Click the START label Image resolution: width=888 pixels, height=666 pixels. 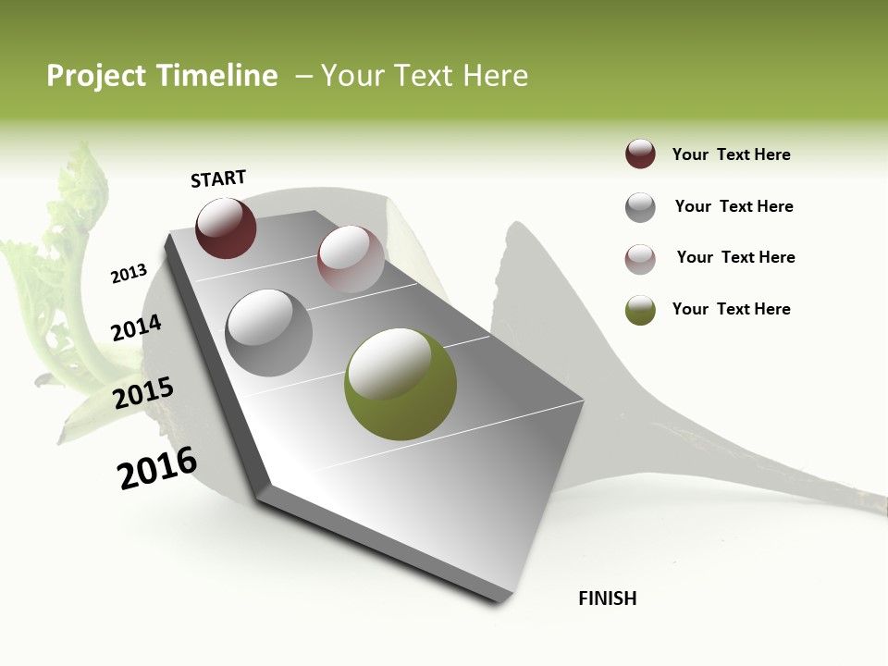[x=218, y=179]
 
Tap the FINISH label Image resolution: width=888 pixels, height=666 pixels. [x=607, y=598]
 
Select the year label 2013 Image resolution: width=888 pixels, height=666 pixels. [x=129, y=274]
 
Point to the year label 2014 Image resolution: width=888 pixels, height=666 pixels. [x=136, y=328]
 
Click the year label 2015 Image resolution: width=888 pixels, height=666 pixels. [x=142, y=393]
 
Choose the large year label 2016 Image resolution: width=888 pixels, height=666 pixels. [x=157, y=468]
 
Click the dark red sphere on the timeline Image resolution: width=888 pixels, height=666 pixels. [x=226, y=228]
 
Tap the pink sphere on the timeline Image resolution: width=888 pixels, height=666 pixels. [x=351, y=259]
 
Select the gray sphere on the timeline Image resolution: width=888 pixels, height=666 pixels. [x=268, y=332]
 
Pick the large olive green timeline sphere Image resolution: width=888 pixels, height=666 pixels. [x=400, y=384]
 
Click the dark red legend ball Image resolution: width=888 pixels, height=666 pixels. [x=640, y=154]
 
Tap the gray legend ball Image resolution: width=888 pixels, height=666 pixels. [x=640, y=207]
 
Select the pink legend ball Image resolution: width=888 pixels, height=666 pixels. [x=640, y=259]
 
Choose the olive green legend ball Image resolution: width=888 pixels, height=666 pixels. [x=640, y=310]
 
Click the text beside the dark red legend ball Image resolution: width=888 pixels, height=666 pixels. [x=731, y=154]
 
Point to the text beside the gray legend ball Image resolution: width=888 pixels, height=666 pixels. [x=734, y=206]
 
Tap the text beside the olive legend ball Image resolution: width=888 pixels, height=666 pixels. [x=731, y=309]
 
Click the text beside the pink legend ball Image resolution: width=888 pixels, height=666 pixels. [x=735, y=257]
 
